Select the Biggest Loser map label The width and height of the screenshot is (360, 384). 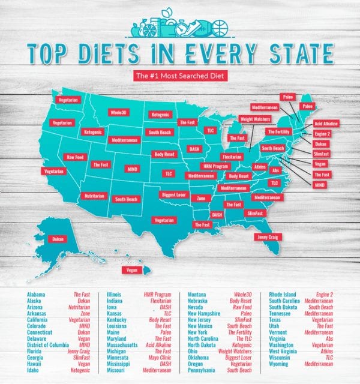point(174,194)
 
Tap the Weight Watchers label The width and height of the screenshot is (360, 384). point(254,119)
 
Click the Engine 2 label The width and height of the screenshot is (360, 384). point(322,134)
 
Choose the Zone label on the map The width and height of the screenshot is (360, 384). point(201,198)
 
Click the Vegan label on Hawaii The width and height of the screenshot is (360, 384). point(131,271)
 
